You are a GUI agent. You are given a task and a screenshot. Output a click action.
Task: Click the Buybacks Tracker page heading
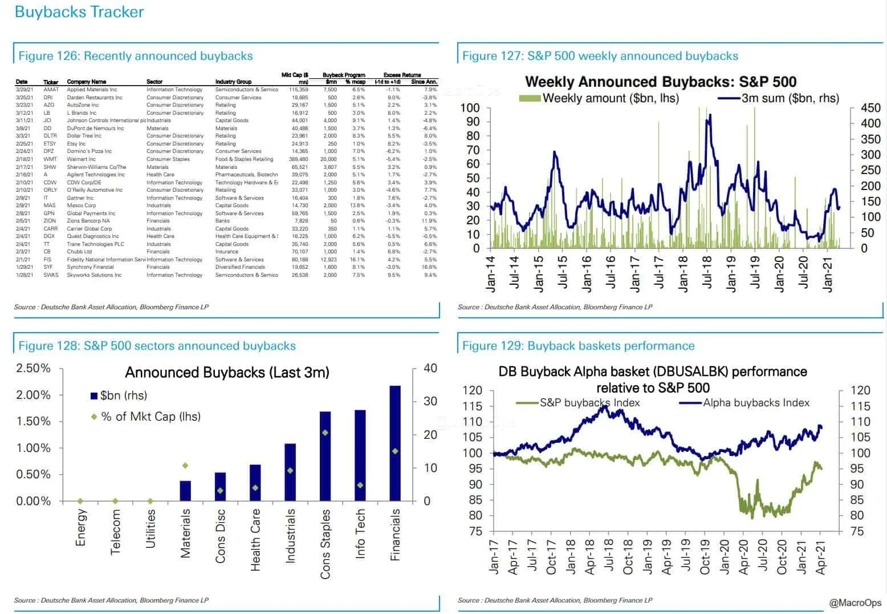[79, 12]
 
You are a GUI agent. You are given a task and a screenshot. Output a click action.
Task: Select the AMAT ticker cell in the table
[51, 90]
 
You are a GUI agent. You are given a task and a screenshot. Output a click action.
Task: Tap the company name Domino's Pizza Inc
[89, 151]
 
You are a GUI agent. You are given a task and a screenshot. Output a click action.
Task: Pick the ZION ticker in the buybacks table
[50, 221]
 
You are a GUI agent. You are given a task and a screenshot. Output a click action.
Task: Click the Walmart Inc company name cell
[81, 159]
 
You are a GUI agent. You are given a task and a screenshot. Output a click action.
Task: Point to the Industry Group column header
[233, 82]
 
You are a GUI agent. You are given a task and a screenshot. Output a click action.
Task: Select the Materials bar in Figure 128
[185, 491]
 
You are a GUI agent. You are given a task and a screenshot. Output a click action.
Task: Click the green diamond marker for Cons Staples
[325, 433]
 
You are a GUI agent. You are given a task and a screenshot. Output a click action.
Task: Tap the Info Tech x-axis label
[360, 534]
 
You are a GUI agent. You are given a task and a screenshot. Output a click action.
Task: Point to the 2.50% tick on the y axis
[34, 369]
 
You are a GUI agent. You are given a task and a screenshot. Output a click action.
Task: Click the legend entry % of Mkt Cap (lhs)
[150, 417]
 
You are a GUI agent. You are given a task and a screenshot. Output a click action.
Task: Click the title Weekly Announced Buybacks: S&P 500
[660, 82]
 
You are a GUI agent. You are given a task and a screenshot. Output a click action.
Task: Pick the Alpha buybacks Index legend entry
[755, 403]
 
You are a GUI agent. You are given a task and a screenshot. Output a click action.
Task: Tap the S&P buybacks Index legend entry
[589, 403]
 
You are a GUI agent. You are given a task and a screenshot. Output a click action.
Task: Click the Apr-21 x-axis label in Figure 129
[820, 556]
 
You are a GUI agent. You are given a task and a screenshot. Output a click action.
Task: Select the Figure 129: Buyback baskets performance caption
[578, 346]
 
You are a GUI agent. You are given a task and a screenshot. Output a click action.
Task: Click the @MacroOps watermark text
[855, 603]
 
